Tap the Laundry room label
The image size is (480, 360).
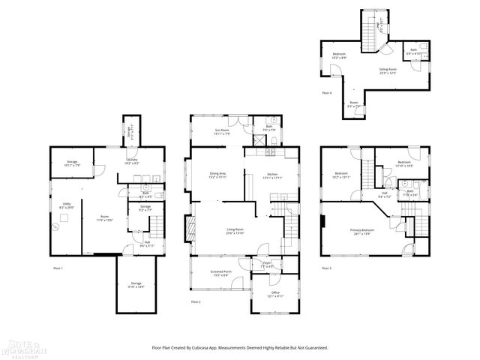point(130,160)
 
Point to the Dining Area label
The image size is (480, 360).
point(217,175)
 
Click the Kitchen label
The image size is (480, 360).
point(273,175)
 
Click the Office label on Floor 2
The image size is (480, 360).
point(275,294)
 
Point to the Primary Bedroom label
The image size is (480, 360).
point(361,231)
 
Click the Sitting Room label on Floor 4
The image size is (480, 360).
point(388,70)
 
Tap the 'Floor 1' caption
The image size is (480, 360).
point(58,268)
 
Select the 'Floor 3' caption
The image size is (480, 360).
point(326,268)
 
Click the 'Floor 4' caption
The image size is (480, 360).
point(326,93)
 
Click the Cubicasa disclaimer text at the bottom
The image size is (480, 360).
point(240,348)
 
